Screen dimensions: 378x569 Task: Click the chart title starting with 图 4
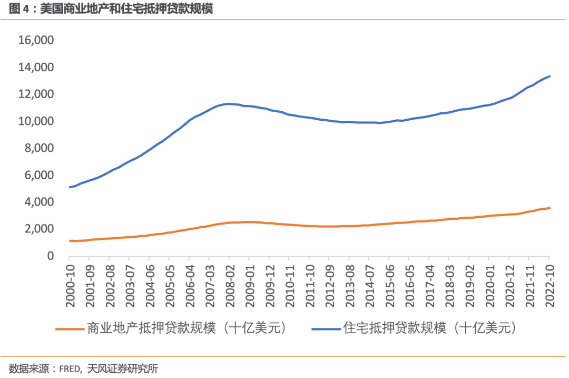click(111, 9)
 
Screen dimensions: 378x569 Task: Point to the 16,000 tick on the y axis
click(36, 41)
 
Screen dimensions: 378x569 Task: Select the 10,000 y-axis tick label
click(36, 121)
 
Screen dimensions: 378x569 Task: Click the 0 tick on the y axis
click(51, 256)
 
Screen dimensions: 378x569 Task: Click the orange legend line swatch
click(70, 328)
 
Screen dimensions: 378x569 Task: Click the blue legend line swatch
click(326, 328)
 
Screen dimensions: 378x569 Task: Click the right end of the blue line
click(550, 76)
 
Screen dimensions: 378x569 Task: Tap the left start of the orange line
click(70, 240)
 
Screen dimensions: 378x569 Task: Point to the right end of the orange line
click(550, 208)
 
